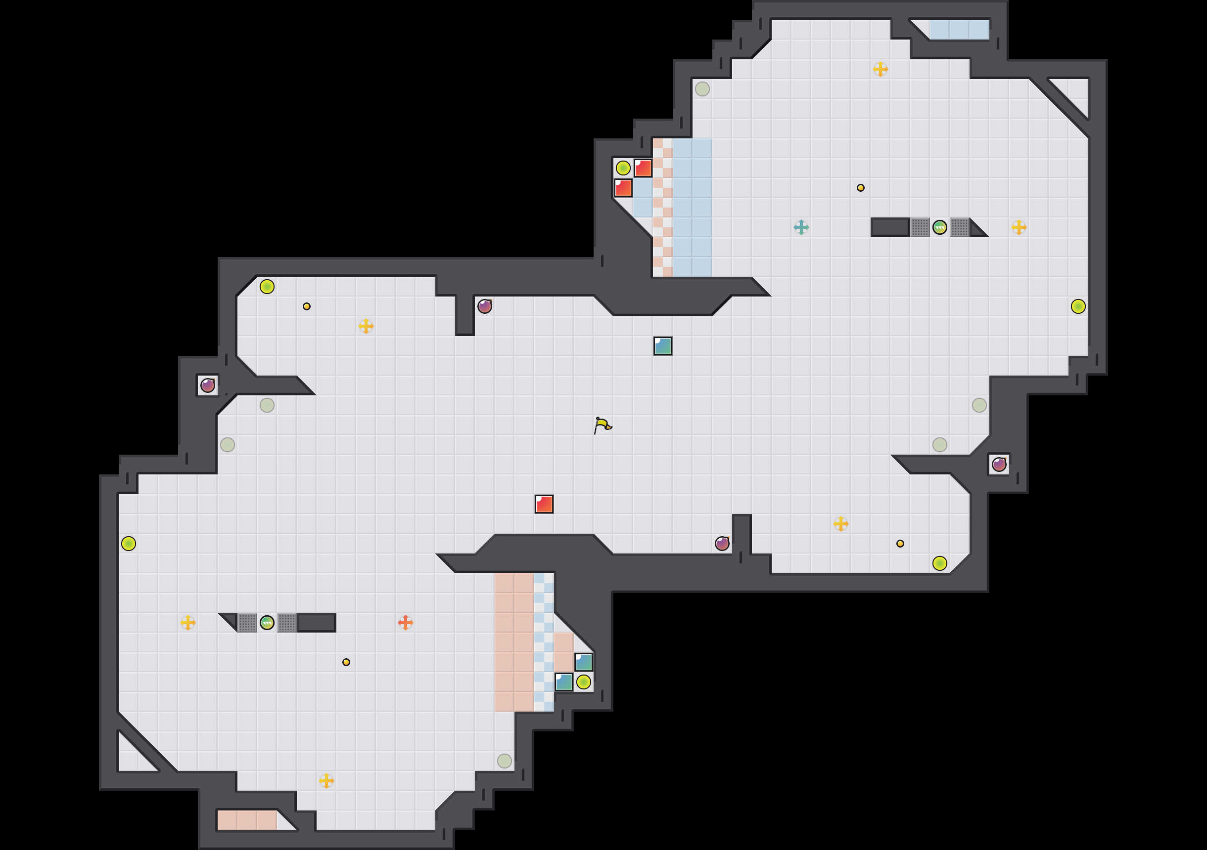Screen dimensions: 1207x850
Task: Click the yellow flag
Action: click(603, 425)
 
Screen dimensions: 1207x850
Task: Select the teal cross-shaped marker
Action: click(801, 227)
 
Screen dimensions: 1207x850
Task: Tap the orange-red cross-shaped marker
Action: click(405, 623)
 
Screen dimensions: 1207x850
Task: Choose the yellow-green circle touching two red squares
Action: click(623, 168)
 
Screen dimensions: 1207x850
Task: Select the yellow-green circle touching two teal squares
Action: click(584, 682)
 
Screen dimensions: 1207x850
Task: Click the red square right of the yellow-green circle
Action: click(643, 168)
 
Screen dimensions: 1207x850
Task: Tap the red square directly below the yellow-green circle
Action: click(623, 188)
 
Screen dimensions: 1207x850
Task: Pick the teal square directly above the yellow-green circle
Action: click(584, 662)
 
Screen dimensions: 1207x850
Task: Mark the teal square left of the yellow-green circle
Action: click(563, 682)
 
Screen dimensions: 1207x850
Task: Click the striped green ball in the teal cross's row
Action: click(939, 227)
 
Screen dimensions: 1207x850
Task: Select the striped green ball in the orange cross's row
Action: click(267, 623)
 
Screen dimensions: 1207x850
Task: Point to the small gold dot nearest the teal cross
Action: click(861, 188)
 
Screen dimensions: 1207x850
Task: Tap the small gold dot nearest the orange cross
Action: click(346, 662)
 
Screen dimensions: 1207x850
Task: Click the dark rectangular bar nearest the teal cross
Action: click(890, 227)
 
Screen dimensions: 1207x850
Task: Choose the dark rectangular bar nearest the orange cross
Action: click(317, 623)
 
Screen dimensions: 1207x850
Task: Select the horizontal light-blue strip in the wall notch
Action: click(959, 30)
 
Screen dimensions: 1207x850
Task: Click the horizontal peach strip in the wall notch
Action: click(247, 820)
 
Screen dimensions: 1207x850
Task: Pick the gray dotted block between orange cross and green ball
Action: click(286, 623)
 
